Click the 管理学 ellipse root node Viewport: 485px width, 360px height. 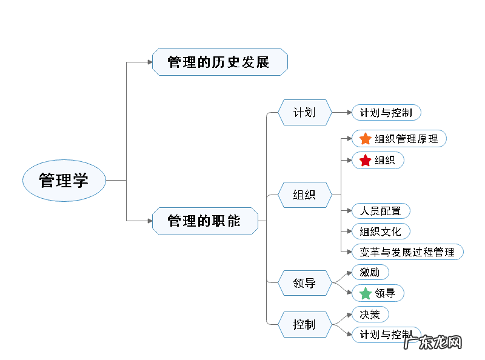[x=64, y=181]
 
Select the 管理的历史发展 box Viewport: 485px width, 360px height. [x=219, y=62]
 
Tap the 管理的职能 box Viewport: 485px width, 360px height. [x=204, y=221]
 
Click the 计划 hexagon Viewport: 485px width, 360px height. [x=304, y=113]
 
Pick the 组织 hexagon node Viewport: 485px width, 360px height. [x=304, y=195]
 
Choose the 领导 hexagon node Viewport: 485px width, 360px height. [x=304, y=283]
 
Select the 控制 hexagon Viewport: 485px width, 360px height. [x=304, y=325]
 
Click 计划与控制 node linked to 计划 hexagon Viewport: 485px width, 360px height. [x=386, y=113]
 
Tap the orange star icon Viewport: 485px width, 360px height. [x=365, y=139]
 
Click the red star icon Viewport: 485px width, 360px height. [x=365, y=161]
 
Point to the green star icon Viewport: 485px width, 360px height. [x=365, y=293]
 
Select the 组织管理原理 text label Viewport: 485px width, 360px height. [x=406, y=139]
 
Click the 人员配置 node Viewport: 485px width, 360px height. [x=381, y=211]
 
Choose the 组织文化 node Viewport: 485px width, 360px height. [x=381, y=232]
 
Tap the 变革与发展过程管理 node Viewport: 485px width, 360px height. [x=407, y=252]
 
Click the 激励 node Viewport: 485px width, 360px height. [x=370, y=273]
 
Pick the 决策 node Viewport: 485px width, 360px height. [x=370, y=315]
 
